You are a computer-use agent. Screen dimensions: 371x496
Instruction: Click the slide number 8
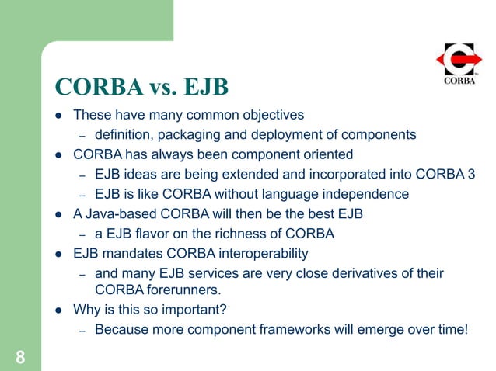pyautogui.click(x=20, y=357)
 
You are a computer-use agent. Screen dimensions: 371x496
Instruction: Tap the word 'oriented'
pyautogui.click(x=328, y=154)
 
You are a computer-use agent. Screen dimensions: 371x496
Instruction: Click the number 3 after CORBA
pyautogui.click(x=470, y=173)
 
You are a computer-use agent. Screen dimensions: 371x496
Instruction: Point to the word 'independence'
pyautogui.click(x=365, y=193)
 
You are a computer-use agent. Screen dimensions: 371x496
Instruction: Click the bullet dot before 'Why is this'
pyautogui.click(x=58, y=310)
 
